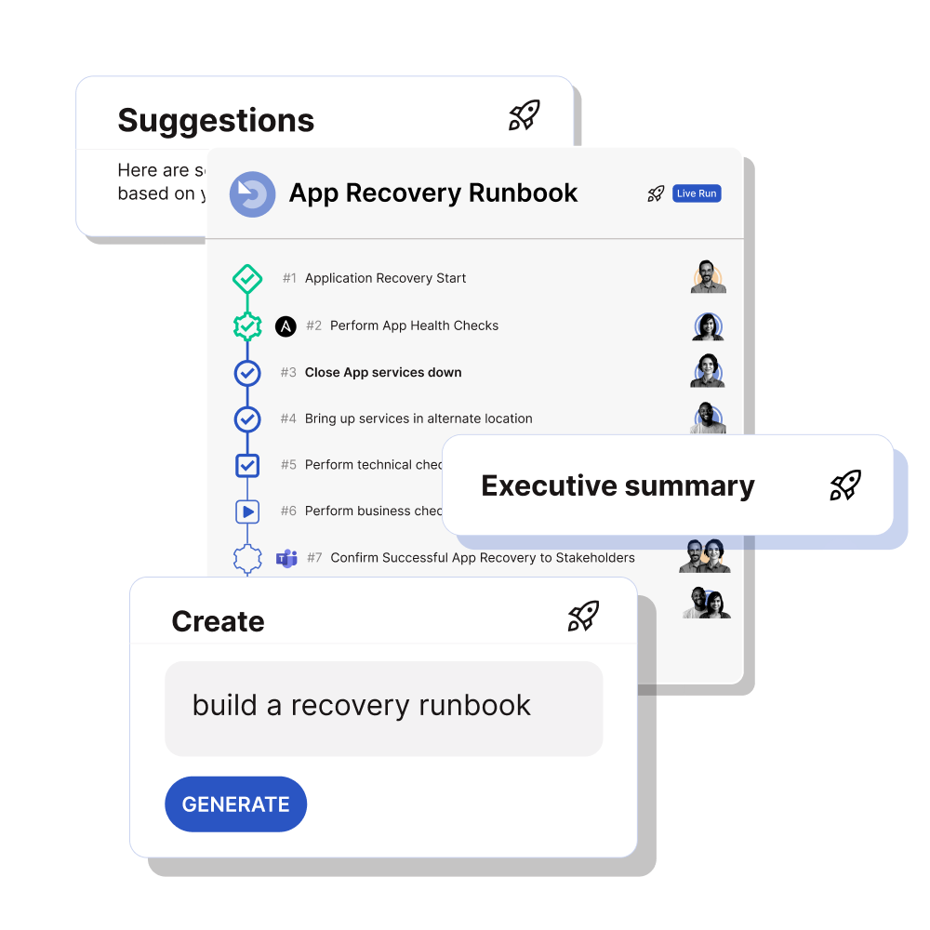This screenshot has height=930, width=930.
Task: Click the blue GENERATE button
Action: pos(235,804)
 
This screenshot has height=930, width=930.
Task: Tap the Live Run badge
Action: pos(697,193)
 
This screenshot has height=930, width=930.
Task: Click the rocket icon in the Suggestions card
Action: pos(525,115)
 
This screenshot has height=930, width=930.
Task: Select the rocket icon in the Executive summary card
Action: pos(845,485)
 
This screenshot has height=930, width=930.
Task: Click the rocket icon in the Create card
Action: pos(583,616)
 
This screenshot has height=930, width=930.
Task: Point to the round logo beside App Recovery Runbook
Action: pos(252,194)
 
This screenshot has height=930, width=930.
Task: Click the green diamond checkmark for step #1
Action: pos(246,278)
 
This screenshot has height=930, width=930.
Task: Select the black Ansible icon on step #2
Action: pos(286,326)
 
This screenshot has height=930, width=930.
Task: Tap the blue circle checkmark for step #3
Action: pos(246,373)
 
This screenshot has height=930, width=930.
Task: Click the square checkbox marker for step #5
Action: pos(246,465)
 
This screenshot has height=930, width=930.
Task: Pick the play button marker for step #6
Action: pos(246,511)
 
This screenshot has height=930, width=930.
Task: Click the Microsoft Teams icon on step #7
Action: pos(286,558)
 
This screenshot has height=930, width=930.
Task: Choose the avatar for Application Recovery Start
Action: pos(709,277)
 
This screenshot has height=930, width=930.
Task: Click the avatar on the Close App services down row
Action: pos(709,371)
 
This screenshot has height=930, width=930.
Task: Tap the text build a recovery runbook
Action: pos(361,705)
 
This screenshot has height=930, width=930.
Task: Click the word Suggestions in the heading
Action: pos(216,121)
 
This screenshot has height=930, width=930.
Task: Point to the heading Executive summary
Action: pos(618,485)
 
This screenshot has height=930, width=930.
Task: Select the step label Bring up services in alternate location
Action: pos(418,418)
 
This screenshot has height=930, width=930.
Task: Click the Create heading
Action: pos(218,621)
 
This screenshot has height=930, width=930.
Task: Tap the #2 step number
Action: pos(313,325)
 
